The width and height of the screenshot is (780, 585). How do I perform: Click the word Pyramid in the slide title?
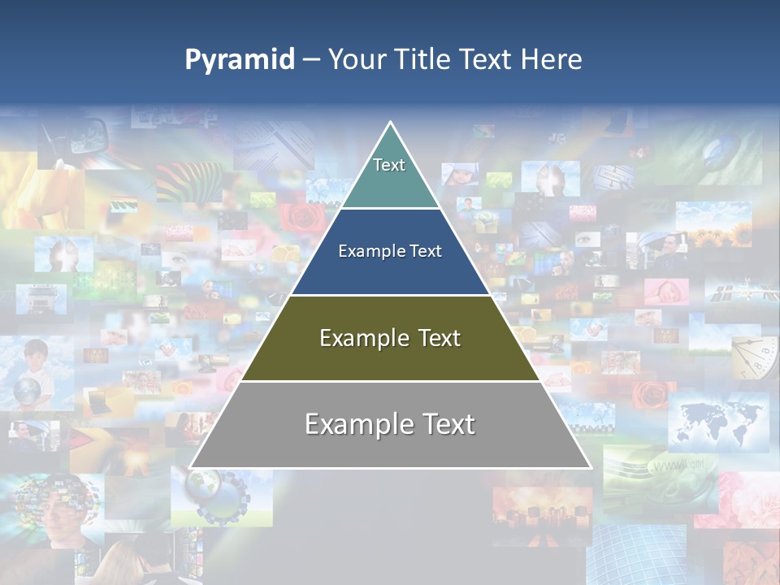tap(240, 59)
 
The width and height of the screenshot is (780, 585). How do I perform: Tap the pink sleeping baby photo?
tap(666, 291)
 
